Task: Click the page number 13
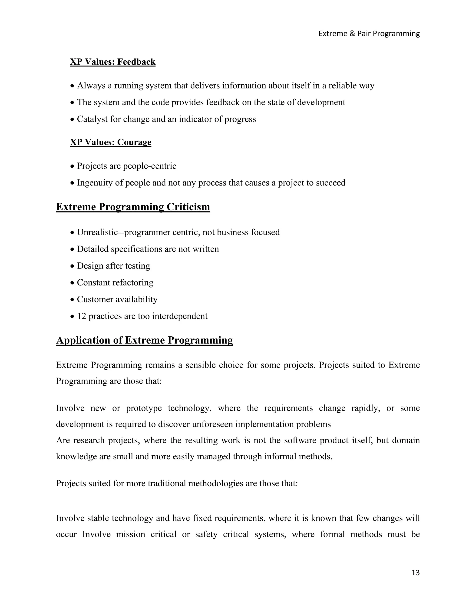pos(415,573)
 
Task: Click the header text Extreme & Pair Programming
pos(369,33)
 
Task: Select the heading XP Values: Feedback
pos(112,62)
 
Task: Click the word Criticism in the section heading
pos(188,207)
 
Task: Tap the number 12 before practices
pos(82,316)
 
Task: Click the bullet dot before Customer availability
pos(72,300)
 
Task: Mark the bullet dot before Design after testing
pos(72,266)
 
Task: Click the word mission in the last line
pos(131,534)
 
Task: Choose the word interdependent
pos(180,316)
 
